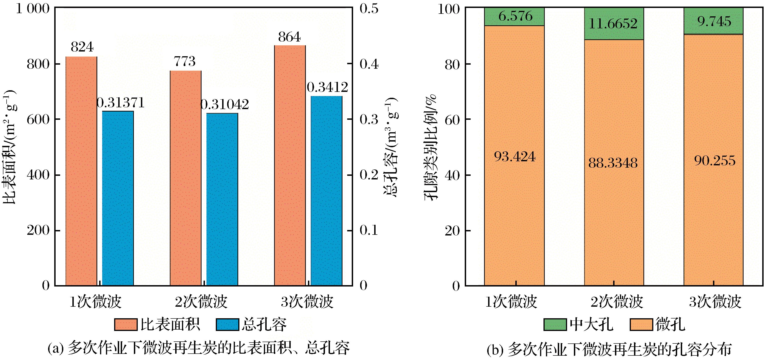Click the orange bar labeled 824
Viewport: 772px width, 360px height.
(81, 171)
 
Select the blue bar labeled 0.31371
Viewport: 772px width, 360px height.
(118, 198)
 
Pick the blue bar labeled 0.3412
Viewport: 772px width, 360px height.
(326, 191)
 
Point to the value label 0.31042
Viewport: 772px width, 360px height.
(225, 105)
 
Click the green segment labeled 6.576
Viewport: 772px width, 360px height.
(514, 17)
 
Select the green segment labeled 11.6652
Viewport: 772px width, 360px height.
(614, 24)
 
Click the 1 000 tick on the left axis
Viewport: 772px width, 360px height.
(32, 9)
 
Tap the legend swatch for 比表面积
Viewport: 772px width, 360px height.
(126, 325)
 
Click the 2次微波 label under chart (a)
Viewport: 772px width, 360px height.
(201, 302)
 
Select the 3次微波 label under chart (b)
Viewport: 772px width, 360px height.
(715, 302)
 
